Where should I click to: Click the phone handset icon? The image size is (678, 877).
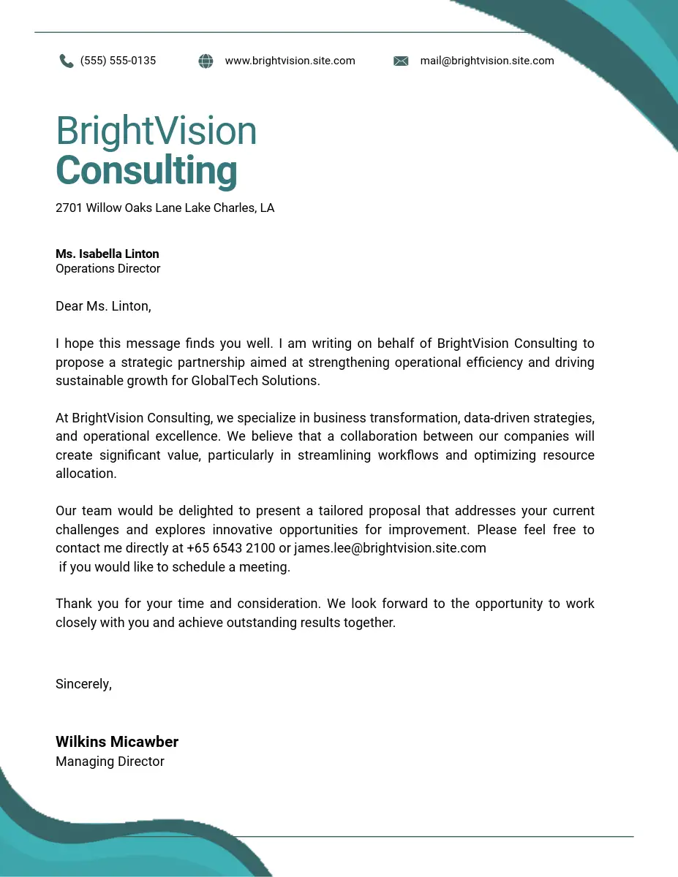pos(67,61)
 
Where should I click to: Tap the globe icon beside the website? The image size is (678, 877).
pos(206,61)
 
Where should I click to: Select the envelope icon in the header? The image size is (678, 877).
pos(401,61)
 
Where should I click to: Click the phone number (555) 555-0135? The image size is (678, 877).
pos(118,61)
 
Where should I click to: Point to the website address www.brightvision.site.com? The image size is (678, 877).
pos(290,61)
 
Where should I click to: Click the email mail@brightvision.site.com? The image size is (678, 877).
pos(487,61)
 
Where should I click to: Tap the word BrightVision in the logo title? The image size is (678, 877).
pos(157,132)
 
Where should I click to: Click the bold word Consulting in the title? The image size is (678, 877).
pos(146,171)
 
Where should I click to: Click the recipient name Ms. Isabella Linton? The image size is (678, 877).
pos(107,254)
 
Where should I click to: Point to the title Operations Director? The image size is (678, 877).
pos(108,268)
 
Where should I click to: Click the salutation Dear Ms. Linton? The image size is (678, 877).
pos(103,306)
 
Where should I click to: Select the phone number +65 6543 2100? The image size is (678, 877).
pos(231,548)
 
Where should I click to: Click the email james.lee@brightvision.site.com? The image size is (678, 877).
pos(390,548)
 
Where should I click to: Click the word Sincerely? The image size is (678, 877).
pos(83,684)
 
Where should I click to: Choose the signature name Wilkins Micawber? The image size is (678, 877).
pos(117,742)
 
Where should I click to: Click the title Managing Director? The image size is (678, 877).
pos(110,762)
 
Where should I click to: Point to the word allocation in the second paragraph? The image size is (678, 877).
pos(86,474)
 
